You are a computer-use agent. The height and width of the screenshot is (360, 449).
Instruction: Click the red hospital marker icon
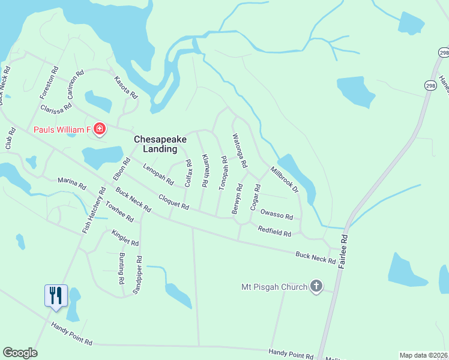[100, 129]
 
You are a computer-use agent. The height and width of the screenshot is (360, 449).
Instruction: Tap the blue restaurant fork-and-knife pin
[56, 295]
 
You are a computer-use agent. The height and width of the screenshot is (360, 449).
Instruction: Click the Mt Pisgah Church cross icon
[316, 286]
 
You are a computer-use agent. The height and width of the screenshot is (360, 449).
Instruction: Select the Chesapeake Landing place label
[160, 144]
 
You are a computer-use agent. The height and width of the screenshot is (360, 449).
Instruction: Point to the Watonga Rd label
[240, 151]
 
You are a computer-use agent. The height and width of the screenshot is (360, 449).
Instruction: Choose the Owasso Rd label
[276, 216]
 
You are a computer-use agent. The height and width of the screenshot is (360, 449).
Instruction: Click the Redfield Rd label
[274, 230]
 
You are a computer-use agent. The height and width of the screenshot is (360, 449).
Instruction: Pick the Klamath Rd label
[205, 172]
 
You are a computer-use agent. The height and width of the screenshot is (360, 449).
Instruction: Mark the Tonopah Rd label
[223, 173]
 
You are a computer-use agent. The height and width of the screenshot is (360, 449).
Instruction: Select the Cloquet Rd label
[173, 202]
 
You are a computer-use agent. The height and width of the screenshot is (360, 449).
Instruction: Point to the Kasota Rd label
[126, 88]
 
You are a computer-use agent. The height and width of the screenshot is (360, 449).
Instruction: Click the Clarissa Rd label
[56, 109]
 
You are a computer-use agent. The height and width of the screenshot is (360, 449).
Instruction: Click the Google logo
[20, 353]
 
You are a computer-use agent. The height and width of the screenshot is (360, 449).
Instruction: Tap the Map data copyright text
[424, 355]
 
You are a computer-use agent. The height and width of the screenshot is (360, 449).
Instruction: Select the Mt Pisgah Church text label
[273, 286]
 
